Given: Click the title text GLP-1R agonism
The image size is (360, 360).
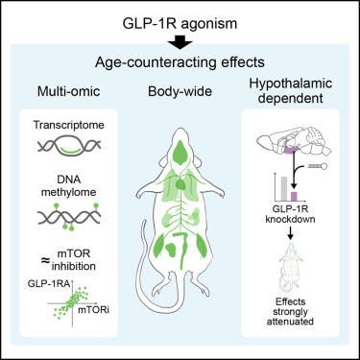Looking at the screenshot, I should [x=180, y=18].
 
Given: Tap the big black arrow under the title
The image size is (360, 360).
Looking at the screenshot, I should [x=180, y=41].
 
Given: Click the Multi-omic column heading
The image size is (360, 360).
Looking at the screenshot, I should [x=65, y=97].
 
